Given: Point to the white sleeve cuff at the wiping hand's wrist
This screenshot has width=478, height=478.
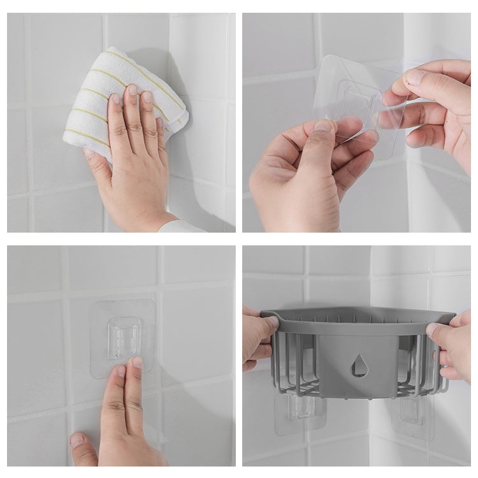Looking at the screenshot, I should [182, 226].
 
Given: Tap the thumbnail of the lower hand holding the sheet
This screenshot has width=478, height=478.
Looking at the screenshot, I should [323, 126].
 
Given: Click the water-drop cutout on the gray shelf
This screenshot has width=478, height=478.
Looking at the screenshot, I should [360, 365].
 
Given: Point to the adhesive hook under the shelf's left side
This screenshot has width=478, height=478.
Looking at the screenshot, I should [300, 408].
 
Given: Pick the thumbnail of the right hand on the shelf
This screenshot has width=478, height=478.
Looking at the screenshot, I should [433, 329].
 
